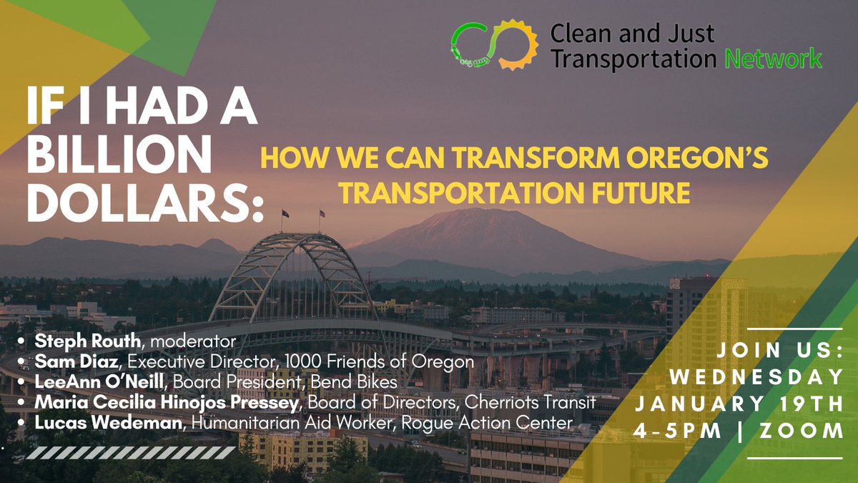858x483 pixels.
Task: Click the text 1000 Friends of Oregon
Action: pyautogui.click(x=405, y=362)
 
